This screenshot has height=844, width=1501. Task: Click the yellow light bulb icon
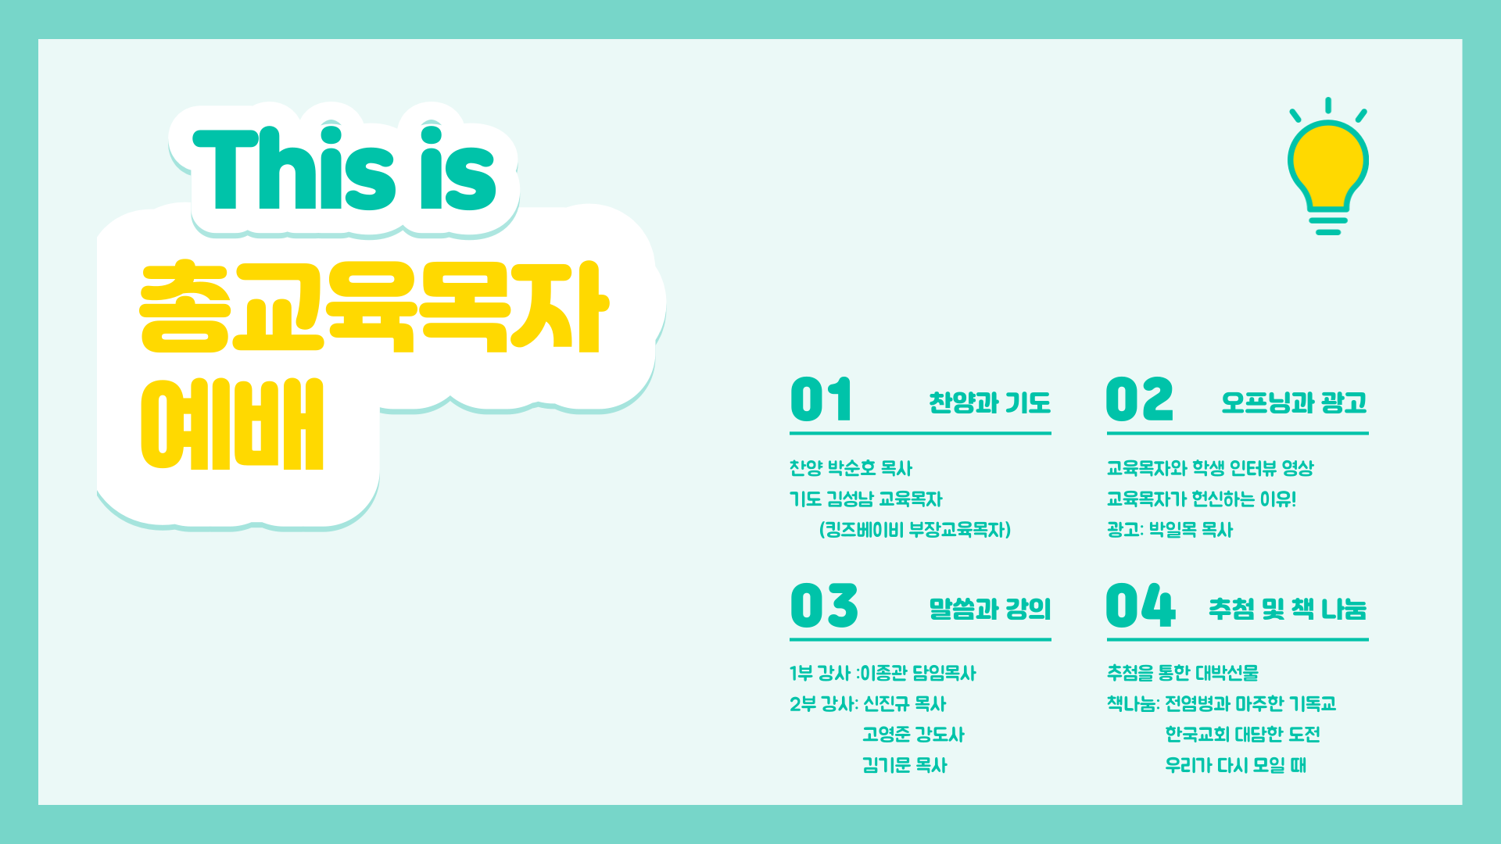coord(1328,166)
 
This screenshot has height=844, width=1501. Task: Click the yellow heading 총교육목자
coord(374,306)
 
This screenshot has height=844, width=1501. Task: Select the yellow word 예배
coord(232,424)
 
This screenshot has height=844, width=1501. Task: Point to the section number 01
coord(821,399)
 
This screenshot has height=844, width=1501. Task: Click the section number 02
coord(1140,399)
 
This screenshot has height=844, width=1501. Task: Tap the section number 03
coord(824,606)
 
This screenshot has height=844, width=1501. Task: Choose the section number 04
coord(1141,606)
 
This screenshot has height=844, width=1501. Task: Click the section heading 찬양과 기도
coord(990,402)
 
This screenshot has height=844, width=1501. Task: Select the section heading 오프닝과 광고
coord(1295,402)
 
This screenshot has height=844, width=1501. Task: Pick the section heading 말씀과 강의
coord(990,609)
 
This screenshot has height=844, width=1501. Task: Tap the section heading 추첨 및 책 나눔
coord(1288,609)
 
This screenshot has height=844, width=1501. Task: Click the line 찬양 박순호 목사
coord(851,468)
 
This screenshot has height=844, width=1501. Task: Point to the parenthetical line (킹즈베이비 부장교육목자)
coord(915,530)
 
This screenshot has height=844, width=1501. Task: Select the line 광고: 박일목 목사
coord(1170,530)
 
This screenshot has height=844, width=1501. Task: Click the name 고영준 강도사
coord(913,735)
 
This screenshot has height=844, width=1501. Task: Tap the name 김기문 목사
coord(905,765)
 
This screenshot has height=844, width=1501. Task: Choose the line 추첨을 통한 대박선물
coord(1183,673)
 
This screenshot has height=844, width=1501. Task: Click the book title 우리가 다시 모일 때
coord(1235,765)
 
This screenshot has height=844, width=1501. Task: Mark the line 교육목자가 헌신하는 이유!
coord(1202,499)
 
